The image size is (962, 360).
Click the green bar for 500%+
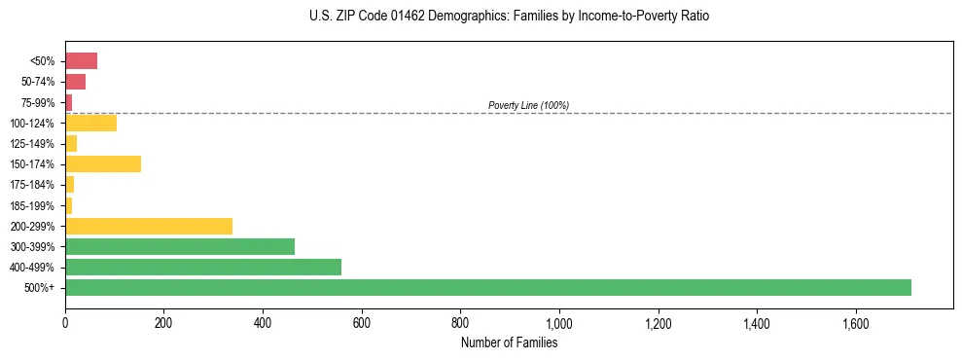[x=487, y=287]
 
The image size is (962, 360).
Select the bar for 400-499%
[x=203, y=267]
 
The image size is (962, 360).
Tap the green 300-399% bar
[x=180, y=246]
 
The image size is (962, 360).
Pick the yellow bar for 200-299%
[x=149, y=226]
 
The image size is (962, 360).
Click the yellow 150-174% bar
[x=103, y=163]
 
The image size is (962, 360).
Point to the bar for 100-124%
[x=90, y=123]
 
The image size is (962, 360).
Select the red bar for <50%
[x=81, y=61]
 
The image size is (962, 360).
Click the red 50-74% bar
[x=75, y=82]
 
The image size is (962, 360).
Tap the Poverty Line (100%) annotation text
[x=528, y=105]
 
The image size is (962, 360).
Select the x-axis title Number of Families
[x=509, y=342]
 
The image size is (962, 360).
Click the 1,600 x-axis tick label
[x=855, y=323]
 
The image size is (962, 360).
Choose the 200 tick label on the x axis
[x=163, y=323]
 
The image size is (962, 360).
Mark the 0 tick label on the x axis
[x=65, y=323]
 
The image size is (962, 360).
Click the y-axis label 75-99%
[x=40, y=103]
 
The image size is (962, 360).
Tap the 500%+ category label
[x=42, y=288]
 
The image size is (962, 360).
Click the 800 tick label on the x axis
[x=460, y=323]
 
